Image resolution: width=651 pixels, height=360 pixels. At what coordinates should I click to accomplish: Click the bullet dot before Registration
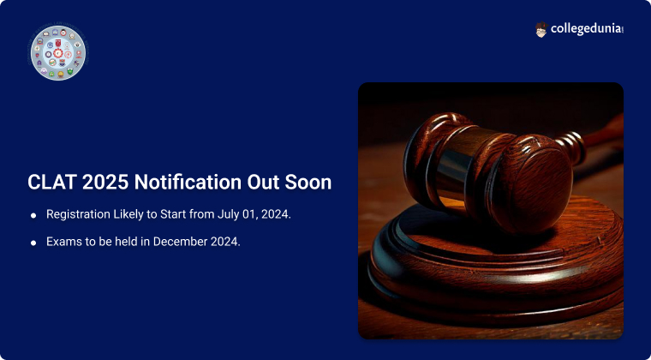click(33, 215)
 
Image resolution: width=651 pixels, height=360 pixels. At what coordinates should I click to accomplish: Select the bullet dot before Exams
click(33, 243)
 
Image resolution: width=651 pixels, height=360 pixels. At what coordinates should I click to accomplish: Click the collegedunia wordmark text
click(586, 29)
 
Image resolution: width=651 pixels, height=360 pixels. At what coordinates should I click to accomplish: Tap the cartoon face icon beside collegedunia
click(541, 29)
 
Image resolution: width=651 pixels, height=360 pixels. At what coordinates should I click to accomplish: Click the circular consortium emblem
click(58, 53)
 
